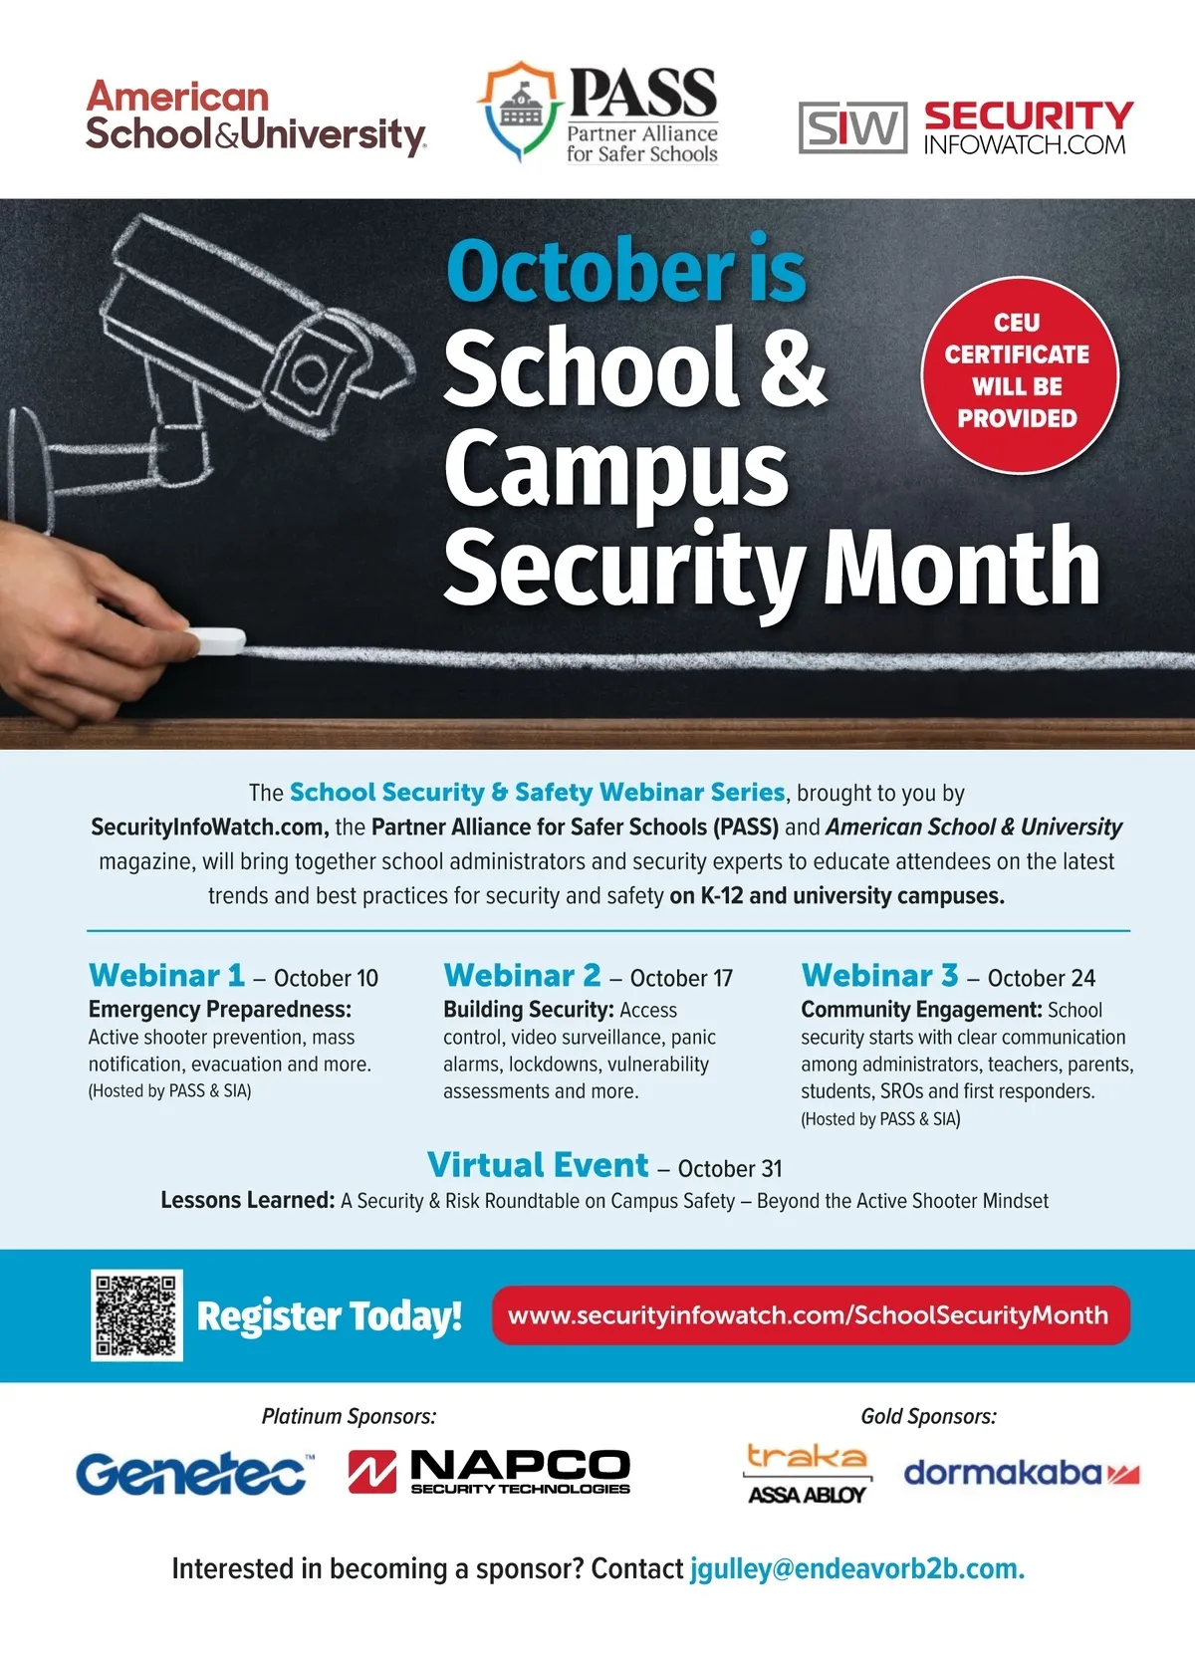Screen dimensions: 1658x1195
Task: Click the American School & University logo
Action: [x=256, y=118]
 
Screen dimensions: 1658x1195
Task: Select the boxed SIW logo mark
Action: [x=852, y=127]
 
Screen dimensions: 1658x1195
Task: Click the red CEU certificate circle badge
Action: [x=1018, y=371]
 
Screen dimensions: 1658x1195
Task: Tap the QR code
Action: [x=137, y=1315]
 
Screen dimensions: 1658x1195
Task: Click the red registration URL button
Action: [x=810, y=1315]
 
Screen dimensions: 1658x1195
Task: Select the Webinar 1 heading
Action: [x=166, y=975]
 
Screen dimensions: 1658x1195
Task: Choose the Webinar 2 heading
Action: [x=522, y=975]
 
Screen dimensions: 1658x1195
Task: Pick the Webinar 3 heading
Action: [x=879, y=975]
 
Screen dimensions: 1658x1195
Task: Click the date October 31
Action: [x=730, y=1169]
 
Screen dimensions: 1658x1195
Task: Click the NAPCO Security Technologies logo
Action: [x=489, y=1472]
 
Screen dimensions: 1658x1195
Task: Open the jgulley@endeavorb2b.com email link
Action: [x=856, y=1569]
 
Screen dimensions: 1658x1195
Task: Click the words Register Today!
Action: [x=330, y=1316]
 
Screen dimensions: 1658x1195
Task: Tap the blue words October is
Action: [x=625, y=271]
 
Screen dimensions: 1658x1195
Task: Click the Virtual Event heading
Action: [x=538, y=1165]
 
